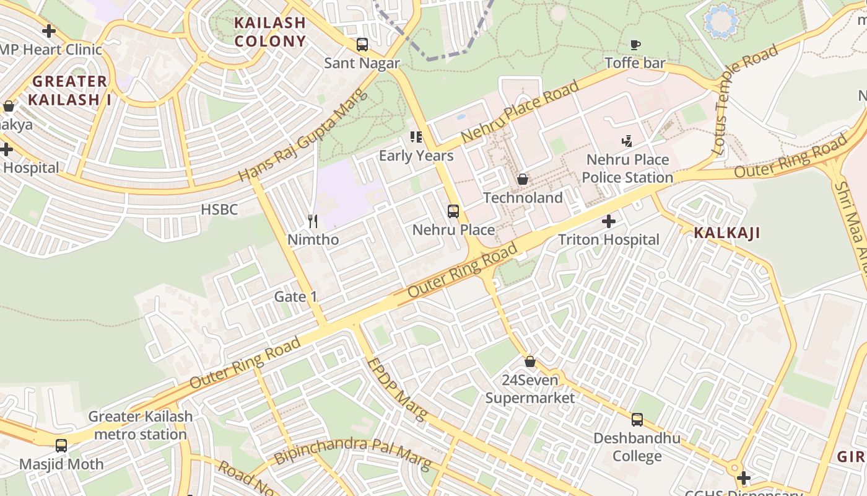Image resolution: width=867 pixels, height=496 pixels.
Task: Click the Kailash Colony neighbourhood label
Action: [269, 32]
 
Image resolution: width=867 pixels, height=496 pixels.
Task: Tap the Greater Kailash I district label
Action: [70, 90]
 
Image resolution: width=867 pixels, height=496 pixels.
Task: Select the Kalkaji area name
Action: [726, 233]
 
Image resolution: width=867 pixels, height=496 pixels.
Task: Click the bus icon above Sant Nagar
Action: [362, 45]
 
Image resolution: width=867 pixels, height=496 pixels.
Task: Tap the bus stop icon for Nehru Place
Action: [453, 211]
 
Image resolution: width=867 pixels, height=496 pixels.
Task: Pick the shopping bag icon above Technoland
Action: [523, 180]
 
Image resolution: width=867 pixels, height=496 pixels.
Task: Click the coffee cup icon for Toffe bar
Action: [635, 45]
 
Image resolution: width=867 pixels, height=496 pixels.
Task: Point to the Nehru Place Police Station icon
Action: [627, 141]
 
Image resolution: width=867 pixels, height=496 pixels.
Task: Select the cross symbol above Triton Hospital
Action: [609, 221]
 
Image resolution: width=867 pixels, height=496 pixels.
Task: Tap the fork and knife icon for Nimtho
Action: [313, 221]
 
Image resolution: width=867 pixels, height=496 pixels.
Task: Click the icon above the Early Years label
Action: [416, 137]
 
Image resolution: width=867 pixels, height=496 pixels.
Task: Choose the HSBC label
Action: [219, 210]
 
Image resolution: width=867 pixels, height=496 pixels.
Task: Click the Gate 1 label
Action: [296, 297]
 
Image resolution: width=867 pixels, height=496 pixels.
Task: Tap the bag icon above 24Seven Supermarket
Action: [530, 361]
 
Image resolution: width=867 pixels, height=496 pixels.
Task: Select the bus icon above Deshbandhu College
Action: [637, 420]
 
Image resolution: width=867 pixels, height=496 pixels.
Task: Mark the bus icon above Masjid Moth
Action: [61, 446]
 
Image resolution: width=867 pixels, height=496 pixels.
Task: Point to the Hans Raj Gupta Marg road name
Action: [303, 136]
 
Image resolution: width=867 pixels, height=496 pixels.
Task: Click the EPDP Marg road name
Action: [396, 389]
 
